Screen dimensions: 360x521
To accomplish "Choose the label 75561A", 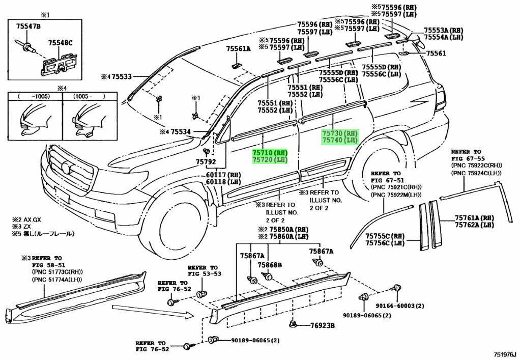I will pos(238,49).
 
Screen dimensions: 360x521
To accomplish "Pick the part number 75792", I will pos(206,162).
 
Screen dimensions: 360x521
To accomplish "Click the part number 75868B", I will pos(270,265).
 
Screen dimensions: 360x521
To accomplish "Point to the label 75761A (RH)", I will pos(474,218).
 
